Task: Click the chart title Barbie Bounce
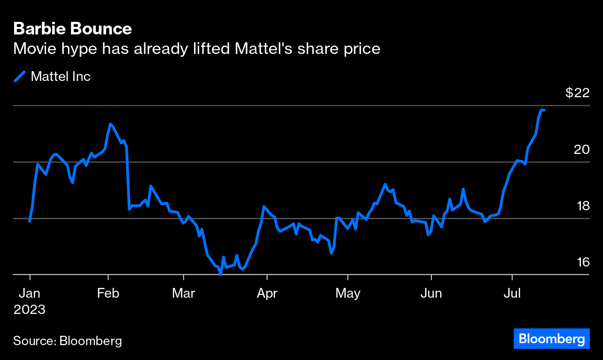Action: click(x=73, y=29)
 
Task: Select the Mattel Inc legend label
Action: click(x=60, y=76)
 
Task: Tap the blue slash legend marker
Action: click(x=20, y=76)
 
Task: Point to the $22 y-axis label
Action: click(x=577, y=93)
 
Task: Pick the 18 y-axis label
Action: click(x=583, y=206)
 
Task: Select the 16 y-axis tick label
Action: click(x=583, y=262)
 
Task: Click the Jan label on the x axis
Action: click(x=30, y=293)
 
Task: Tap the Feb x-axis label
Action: click(x=108, y=293)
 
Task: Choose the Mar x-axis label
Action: click(x=183, y=293)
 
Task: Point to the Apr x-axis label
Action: click(x=267, y=293)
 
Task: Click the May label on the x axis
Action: click(x=348, y=293)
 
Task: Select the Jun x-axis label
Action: click(x=431, y=293)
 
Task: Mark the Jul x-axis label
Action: click(x=512, y=293)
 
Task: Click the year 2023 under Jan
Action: click(x=30, y=310)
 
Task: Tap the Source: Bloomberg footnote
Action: click(x=67, y=341)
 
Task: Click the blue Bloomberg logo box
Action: click(x=551, y=339)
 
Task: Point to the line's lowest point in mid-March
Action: click(x=221, y=274)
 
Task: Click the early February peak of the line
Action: click(x=110, y=124)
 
